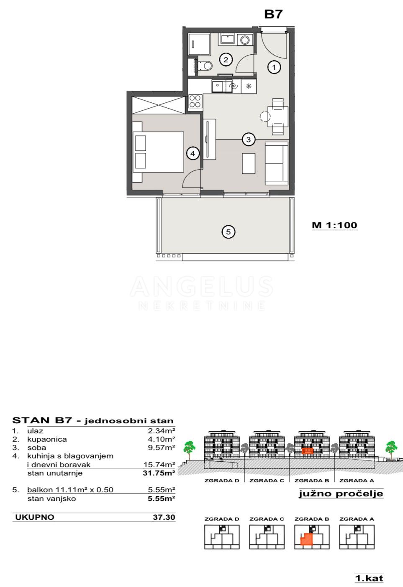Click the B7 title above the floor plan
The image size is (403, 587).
pos(273,14)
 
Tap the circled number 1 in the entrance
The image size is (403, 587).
pos(274,67)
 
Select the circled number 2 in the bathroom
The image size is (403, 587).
pos(226,60)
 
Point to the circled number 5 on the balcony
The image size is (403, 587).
pos(228,231)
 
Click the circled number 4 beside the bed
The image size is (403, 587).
pos(193,153)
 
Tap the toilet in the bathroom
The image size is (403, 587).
pos(205,66)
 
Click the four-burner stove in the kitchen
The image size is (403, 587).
pos(195,101)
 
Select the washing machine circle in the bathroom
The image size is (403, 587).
pos(245,40)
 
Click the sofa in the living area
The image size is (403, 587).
pos(277,163)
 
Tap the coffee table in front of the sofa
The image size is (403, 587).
pos(248,163)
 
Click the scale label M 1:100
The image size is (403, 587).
pos(334,225)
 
